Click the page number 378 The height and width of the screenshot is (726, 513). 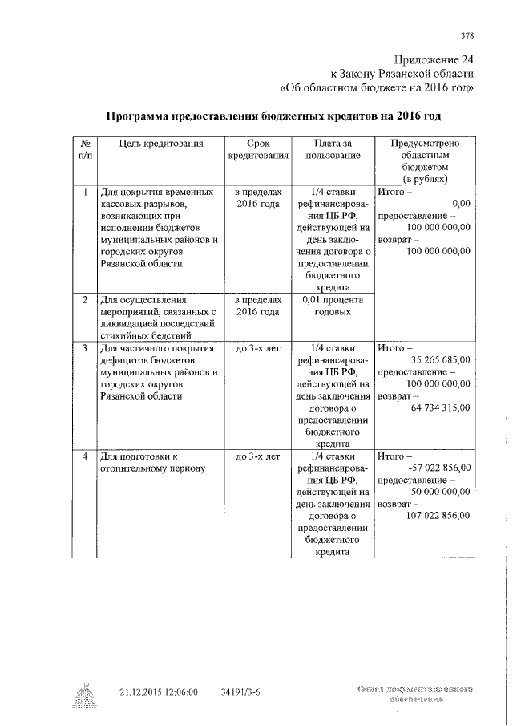(468, 35)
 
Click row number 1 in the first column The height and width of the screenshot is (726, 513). (85, 193)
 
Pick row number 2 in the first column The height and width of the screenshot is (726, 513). (85, 299)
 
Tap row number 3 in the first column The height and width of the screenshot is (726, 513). (85, 349)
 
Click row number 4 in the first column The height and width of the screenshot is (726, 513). (85, 456)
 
